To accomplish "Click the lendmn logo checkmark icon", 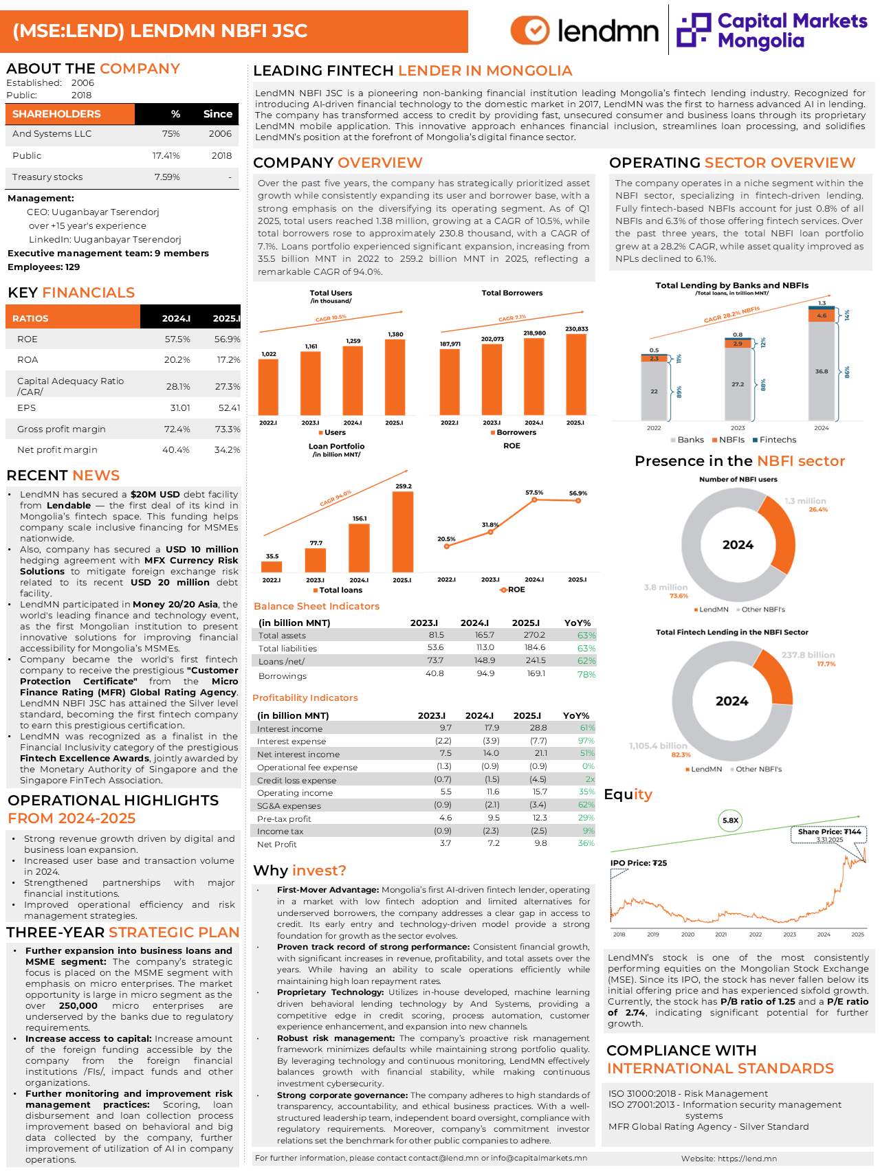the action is coord(530,30).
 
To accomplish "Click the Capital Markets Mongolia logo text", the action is coord(791,31).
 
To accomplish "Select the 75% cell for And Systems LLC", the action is coord(170,134).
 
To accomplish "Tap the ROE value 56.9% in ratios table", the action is coord(227,339).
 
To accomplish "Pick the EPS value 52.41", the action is coord(229,408).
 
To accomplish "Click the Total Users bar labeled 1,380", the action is coord(395,377).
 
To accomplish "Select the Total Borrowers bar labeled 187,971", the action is coord(450,381).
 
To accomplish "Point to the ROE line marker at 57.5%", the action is coord(534,500).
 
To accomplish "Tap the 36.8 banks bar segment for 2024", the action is coord(821,371).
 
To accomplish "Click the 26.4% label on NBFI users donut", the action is coord(818,510).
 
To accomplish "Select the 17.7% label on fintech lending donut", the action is coord(826,664).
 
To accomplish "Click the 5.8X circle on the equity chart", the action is coord(730,820).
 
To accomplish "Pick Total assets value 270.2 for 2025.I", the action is coord(534,636).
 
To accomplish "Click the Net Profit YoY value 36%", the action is coord(586,844).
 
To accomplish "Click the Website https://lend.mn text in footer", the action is coord(729,1159).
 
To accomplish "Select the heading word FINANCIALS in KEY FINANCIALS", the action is coord(88,293).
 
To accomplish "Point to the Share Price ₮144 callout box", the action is coord(829,835).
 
